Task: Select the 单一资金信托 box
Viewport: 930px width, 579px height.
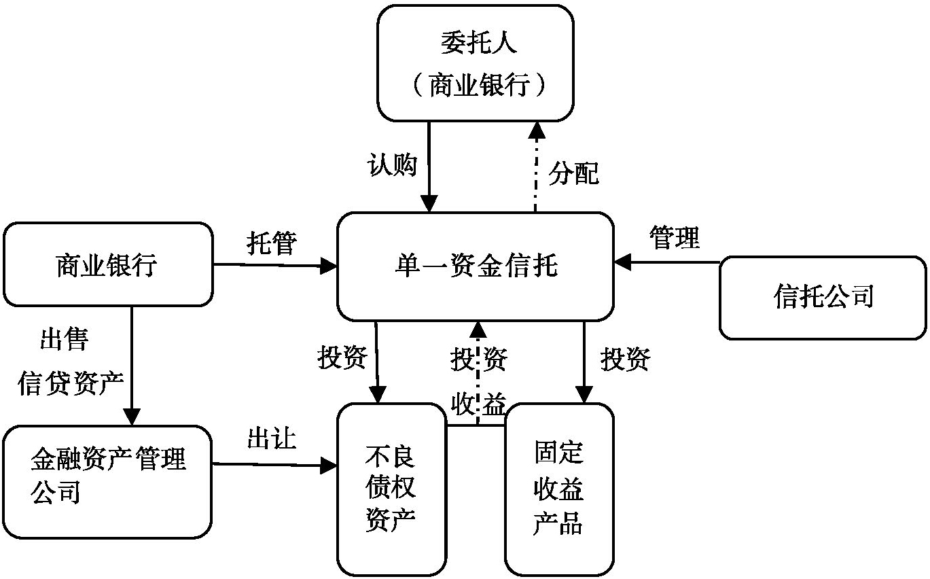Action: [476, 266]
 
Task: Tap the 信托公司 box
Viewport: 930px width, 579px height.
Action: [823, 297]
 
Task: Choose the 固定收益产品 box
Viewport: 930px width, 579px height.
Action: [558, 489]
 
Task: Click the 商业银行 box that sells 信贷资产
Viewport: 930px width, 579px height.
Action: [108, 264]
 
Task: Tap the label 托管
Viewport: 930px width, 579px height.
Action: [271, 243]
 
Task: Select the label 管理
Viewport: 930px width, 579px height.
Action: [674, 238]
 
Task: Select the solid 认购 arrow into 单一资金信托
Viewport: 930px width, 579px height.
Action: [429, 166]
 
